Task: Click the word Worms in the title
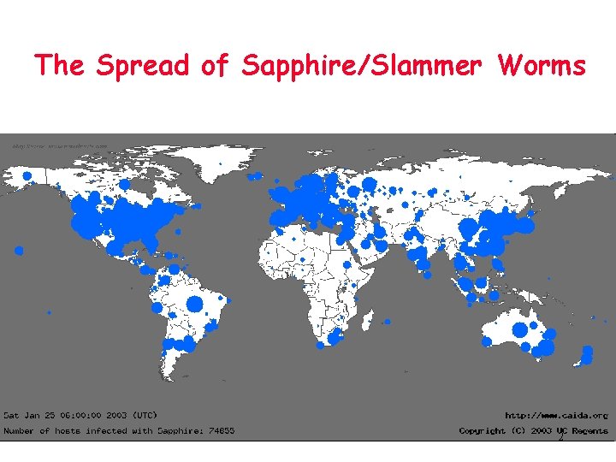tap(542, 65)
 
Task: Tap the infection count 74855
tap(220, 430)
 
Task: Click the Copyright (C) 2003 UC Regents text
tap(533, 430)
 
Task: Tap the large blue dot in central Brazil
tap(195, 305)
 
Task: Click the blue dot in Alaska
tap(27, 176)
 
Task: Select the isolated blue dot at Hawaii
tap(19, 251)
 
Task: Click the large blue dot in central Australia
tap(519, 329)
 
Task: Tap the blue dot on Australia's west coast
tap(486, 341)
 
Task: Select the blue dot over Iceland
tap(253, 177)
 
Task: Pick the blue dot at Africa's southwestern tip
tap(320, 345)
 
